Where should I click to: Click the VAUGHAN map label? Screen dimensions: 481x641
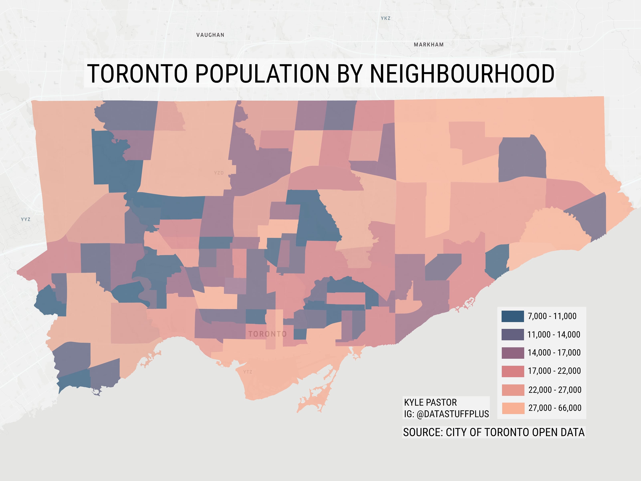(210, 35)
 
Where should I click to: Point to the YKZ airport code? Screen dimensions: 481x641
(385, 18)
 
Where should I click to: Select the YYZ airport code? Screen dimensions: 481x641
(25, 219)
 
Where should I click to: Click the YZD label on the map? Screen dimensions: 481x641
(219, 173)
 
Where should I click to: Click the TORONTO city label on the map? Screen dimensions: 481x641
(267, 334)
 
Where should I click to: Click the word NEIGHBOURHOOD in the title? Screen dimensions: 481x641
(462, 73)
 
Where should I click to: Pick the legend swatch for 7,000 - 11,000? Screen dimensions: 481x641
(513, 316)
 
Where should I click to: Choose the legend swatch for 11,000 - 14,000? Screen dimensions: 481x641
(513, 334)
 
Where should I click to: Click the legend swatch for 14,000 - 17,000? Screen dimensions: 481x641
(513, 353)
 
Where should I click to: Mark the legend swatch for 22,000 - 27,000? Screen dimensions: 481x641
(513, 390)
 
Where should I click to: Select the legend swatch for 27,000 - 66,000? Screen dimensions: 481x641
(513, 408)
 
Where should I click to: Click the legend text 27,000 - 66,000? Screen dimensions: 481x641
(555, 408)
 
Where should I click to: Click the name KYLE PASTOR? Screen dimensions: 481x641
(430, 402)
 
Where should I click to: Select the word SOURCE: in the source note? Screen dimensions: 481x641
(423, 432)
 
